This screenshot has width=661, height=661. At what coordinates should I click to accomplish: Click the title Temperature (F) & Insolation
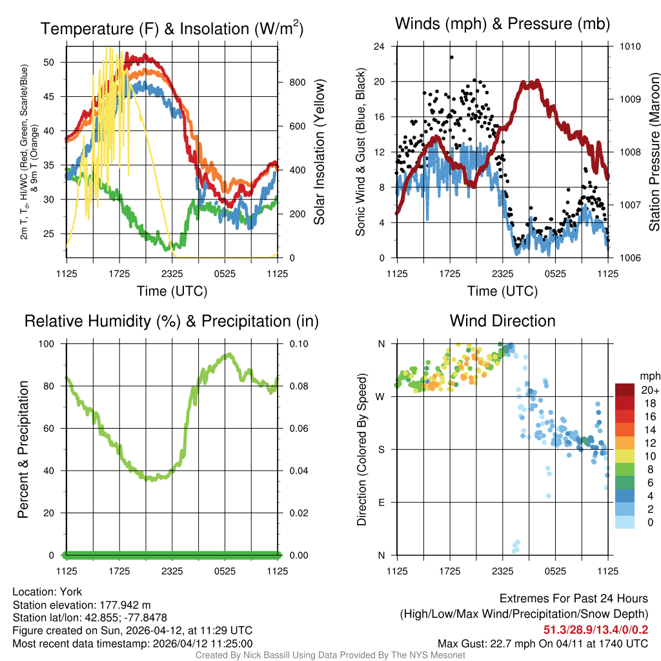click(172, 28)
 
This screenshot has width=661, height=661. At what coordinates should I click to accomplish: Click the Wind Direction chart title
click(502, 321)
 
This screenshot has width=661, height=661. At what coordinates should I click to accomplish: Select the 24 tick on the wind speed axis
click(380, 46)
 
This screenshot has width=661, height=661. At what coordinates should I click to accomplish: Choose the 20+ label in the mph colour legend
click(649, 391)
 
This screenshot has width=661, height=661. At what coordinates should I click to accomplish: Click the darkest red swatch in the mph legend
click(625, 390)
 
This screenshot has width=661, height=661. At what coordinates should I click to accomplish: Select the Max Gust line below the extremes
click(542, 643)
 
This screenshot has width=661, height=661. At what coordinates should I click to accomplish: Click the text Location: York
click(47, 591)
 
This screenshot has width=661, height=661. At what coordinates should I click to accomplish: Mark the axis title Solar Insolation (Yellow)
click(320, 152)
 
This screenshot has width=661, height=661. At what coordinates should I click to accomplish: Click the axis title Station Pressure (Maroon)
click(653, 152)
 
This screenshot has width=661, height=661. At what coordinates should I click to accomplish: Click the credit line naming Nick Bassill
click(330, 655)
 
